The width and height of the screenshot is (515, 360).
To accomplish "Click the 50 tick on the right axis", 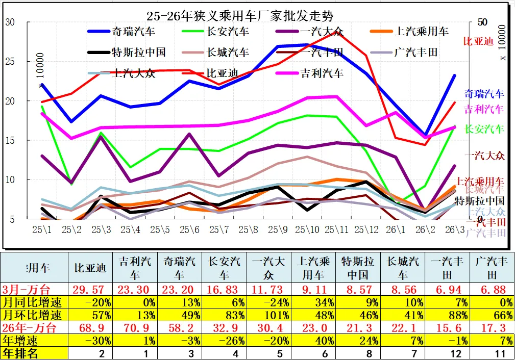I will [x=482, y=22].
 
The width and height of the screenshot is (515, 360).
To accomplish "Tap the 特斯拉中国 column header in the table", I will [x=358, y=268].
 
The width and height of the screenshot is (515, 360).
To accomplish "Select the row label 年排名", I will [x=20, y=353].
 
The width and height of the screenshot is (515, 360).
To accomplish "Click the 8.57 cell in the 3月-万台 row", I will [x=358, y=290].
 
